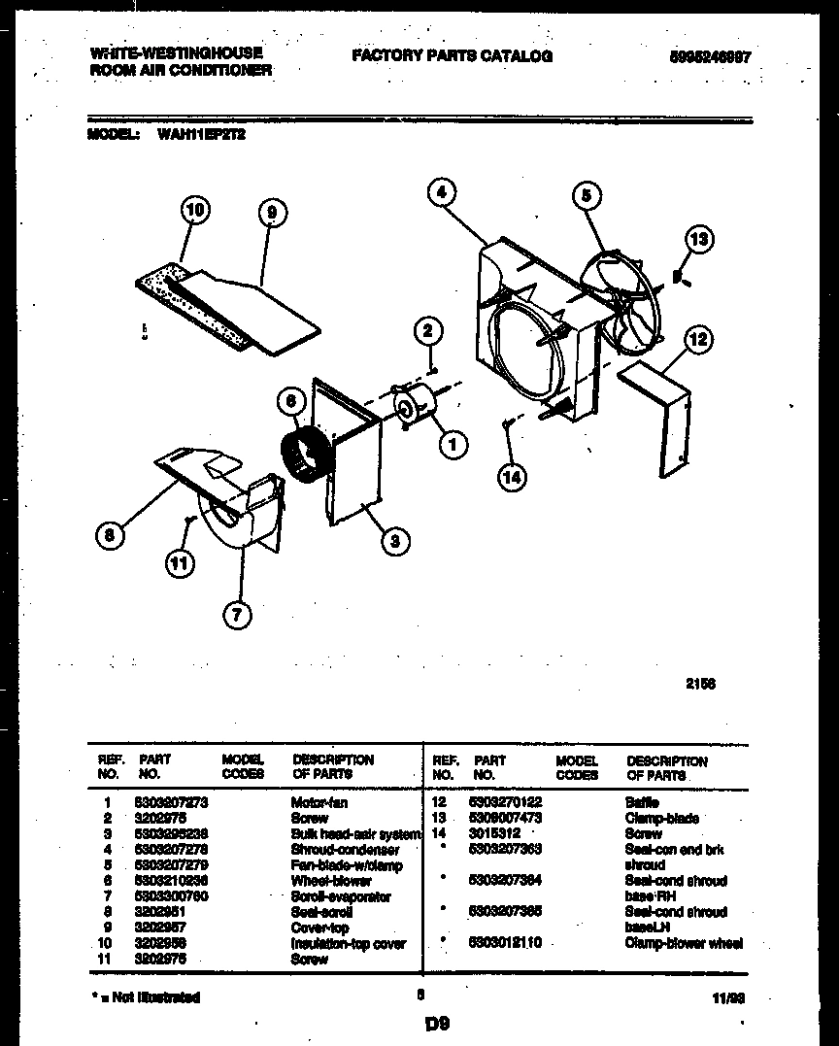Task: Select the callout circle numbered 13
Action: [x=698, y=239]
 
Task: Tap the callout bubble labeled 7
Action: [x=237, y=613]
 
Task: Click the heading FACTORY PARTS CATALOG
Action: [x=452, y=56]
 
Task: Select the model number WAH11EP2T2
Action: [x=201, y=137]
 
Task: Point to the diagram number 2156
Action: [x=701, y=683]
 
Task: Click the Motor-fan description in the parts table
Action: [x=319, y=803]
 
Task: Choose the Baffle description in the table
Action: [x=642, y=803]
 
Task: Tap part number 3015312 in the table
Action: [x=495, y=834]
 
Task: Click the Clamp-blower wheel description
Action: [x=685, y=943]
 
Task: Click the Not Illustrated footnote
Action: [x=146, y=997]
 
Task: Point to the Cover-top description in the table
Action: [x=319, y=928]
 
